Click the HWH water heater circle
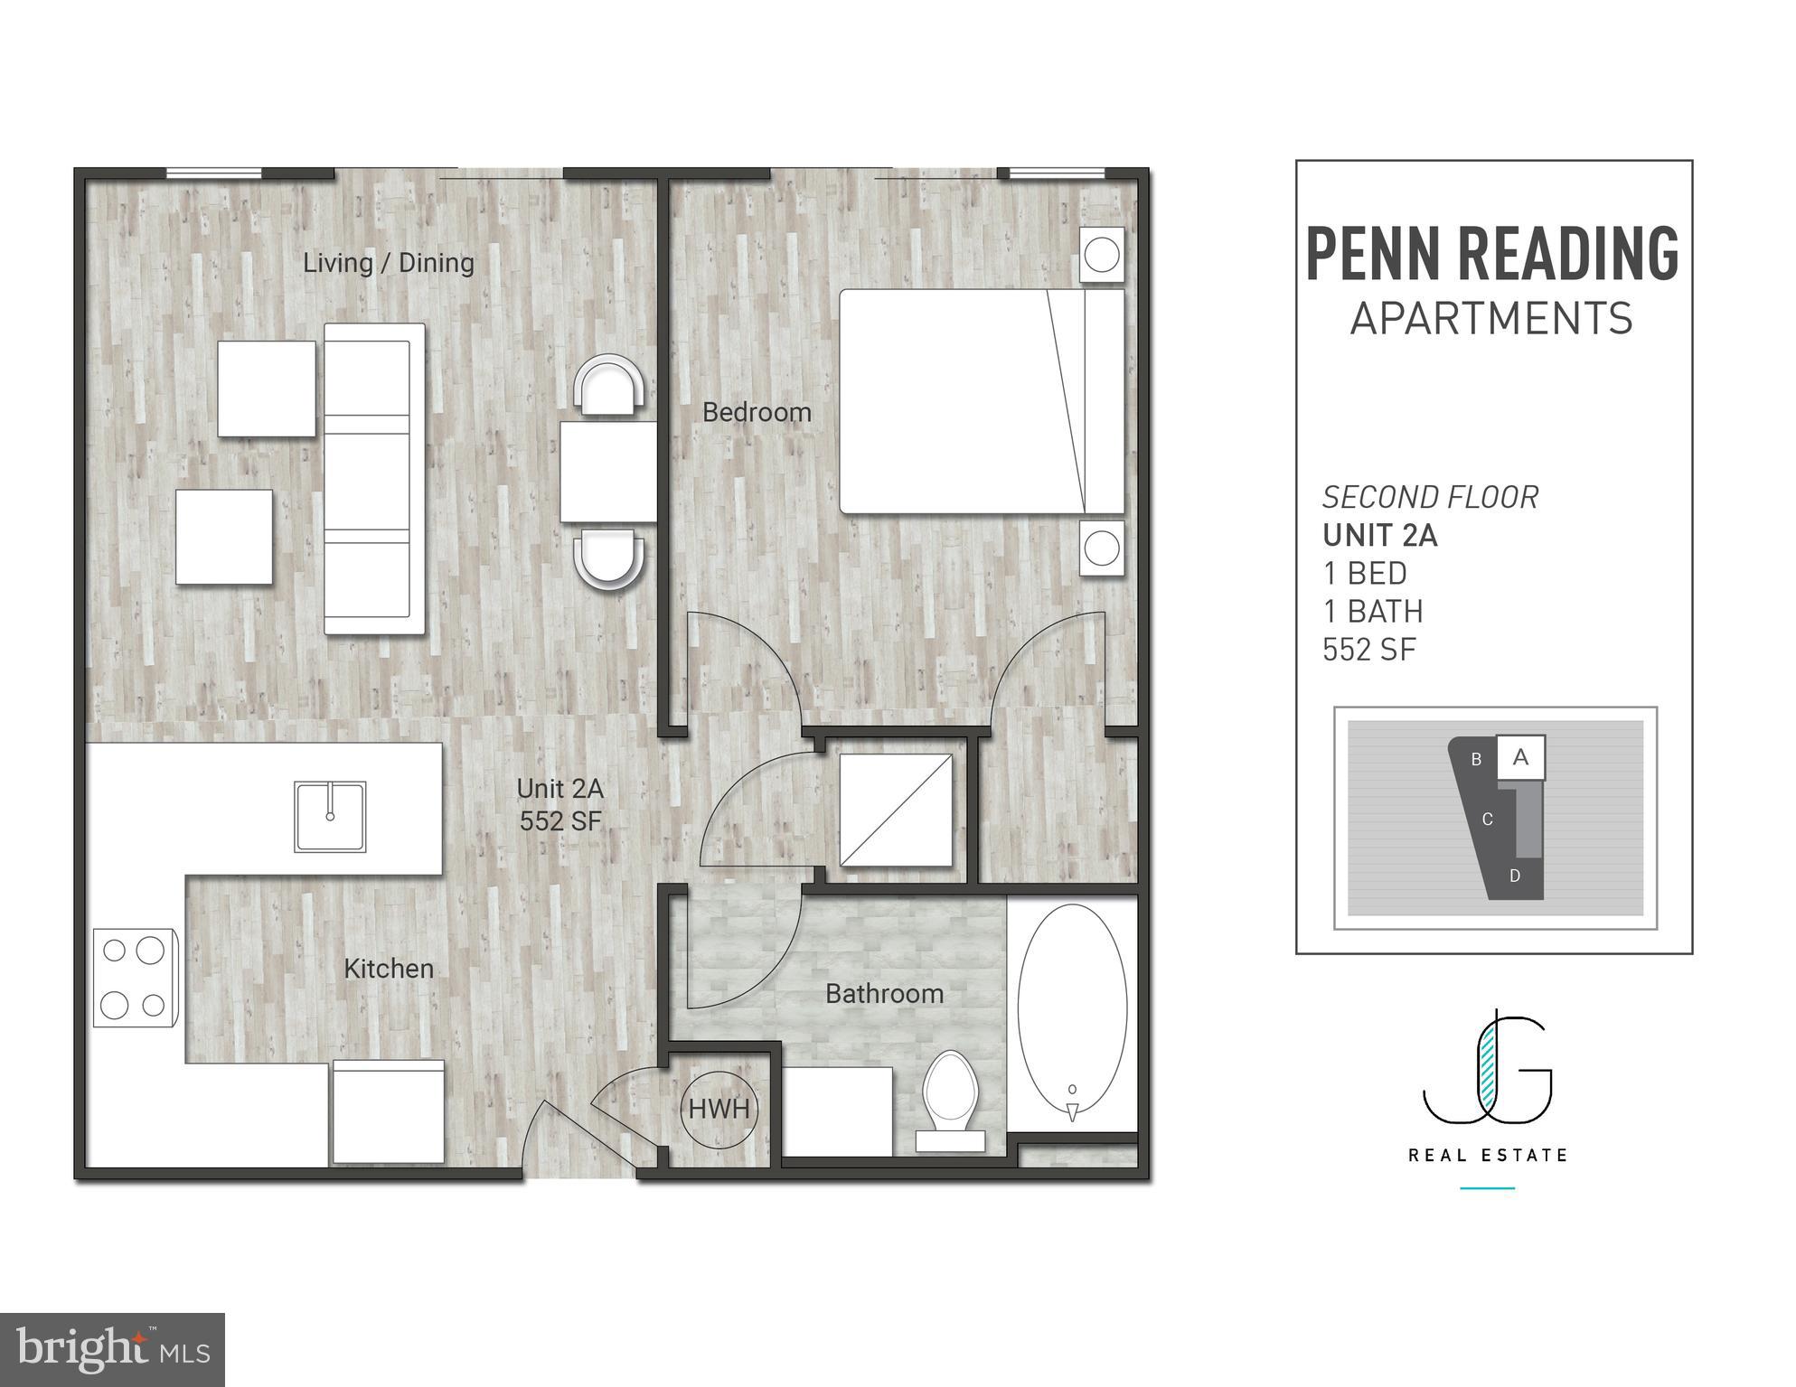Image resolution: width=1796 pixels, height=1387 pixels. pyautogui.click(x=719, y=1108)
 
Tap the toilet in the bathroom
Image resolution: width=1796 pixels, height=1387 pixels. pyautogui.click(x=951, y=1098)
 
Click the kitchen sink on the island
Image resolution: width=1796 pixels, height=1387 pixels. pyautogui.click(x=330, y=816)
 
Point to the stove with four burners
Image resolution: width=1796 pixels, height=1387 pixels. pyautogui.click(x=136, y=977)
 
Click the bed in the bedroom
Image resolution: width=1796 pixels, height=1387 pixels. pyautogui.click(x=981, y=401)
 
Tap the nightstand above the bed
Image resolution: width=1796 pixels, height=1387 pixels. pyautogui.click(x=1102, y=254)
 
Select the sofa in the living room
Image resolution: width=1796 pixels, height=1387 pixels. pyautogui.click(x=374, y=479)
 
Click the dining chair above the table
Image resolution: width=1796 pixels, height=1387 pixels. pyautogui.click(x=612, y=385)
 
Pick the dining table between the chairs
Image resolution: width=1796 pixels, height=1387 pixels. pyautogui.click(x=607, y=472)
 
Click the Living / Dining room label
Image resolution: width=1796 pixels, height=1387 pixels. pyautogui.click(x=388, y=263)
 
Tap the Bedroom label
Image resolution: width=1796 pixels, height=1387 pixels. pyautogui.click(x=757, y=413)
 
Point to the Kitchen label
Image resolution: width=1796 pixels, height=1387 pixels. pyautogui.click(x=389, y=969)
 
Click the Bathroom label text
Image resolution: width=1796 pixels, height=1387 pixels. pyautogui.click(x=884, y=994)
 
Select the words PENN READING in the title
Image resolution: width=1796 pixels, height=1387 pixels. pyautogui.click(x=1492, y=254)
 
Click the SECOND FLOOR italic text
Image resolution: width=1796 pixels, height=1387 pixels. pyautogui.click(x=1430, y=497)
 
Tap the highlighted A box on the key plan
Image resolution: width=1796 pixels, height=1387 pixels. pyautogui.click(x=1520, y=757)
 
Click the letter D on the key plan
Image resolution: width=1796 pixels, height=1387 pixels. pyautogui.click(x=1515, y=876)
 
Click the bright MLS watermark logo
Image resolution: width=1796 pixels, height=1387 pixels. pyautogui.click(x=112, y=1350)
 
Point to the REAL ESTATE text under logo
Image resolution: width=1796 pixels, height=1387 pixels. pyautogui.click(x=1488, y=1155)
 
